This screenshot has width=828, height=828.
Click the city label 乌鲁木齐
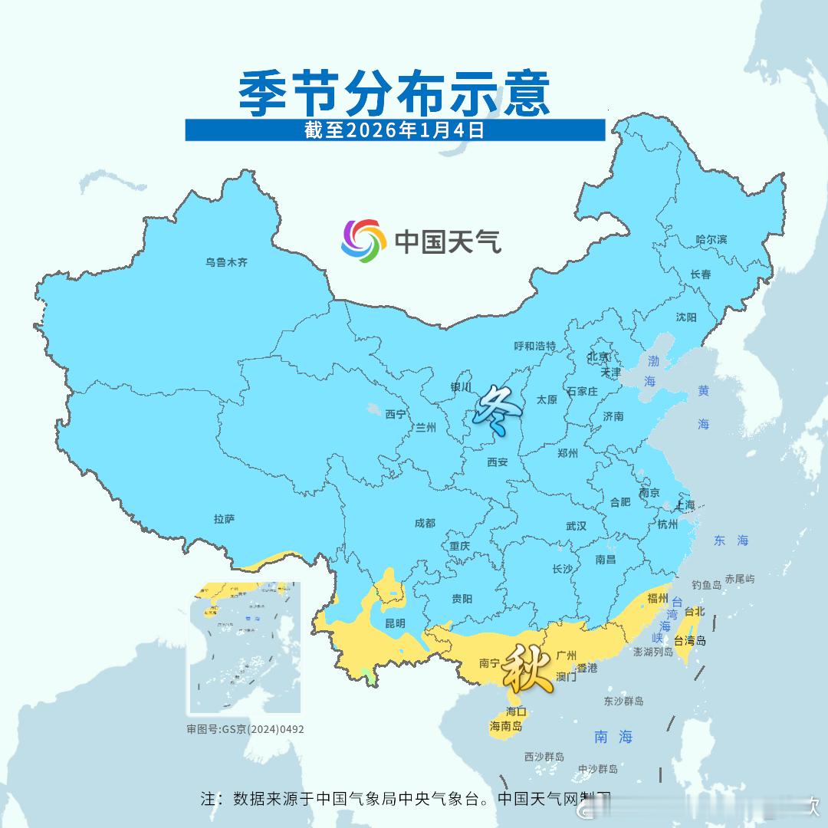(x=226, y=262)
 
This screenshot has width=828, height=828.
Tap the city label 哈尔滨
(x=711, y=239)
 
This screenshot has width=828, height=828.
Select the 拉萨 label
(x=224, y=519)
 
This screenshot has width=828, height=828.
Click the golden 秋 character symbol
(x=527, y=669)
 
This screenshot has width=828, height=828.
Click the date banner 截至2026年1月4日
(x=395, y=130)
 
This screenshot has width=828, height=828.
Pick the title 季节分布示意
(x=395, y=94)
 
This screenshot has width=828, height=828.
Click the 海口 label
(x=516, y=711)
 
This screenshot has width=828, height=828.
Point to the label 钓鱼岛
(x=707, y=584)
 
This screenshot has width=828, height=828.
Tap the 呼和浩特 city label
(x=534, y=347)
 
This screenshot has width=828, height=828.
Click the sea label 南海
(x=614, y=737)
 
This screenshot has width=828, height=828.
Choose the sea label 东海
(x=731, y=540)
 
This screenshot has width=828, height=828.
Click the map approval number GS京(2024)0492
(x=245, y=729)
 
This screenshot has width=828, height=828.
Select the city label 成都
(x=424, y=523)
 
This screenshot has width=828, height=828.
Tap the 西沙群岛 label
(x=544, y=757)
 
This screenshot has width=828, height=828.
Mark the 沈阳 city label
(x=686, y=317)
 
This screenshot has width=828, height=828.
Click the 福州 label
(x=658, y=598)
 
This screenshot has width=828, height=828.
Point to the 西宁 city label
(x=396, y=414)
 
